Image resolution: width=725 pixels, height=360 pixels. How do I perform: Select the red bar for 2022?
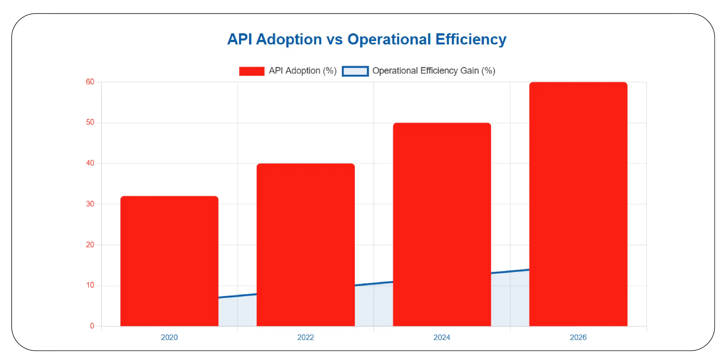click(305, 245)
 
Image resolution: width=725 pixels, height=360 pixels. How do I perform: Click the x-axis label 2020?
click(169, 337)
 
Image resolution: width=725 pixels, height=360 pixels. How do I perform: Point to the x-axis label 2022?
click(305, 337)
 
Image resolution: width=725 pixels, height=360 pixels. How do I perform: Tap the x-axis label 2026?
click(578, 337)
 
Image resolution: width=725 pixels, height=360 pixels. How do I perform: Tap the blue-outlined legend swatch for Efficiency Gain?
click(355, 71)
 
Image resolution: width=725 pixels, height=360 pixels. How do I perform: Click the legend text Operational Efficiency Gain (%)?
click(433, 70)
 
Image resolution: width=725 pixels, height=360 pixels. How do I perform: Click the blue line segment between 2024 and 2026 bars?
click(510, 271)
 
